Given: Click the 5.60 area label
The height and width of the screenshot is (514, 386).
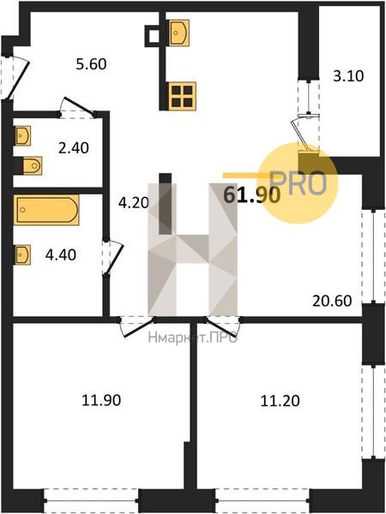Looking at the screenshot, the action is (x=91, y=64).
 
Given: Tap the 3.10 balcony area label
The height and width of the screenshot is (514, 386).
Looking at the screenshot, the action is (x=348, y=76).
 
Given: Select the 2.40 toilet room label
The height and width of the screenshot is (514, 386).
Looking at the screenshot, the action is (x=74, y=148).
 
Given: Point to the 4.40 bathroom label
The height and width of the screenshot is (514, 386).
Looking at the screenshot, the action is (x=61, y=254).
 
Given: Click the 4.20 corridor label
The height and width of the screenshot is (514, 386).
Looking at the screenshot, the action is (x=134, y=203).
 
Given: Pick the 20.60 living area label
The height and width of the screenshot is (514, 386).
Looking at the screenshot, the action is (x=332, y=301).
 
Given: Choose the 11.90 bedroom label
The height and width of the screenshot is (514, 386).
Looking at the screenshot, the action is (x=101, y=400).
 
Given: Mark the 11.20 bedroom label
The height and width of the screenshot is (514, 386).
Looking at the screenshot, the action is (x=280, y=401).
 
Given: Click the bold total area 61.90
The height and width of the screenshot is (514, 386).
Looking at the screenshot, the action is (x=251, y=195).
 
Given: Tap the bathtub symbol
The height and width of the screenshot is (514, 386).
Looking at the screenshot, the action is (x=46, y=210).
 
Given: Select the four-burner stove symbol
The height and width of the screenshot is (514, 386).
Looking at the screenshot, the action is (x=182, y=96).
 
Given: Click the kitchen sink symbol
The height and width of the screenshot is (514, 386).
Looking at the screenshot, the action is (x=179, y=33).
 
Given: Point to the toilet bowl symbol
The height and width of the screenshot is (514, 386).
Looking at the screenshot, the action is (x=33, y=165).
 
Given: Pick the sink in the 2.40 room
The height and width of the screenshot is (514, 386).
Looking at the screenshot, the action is (x=23, y=135).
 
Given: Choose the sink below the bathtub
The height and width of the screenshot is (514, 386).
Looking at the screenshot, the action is (x=23, y=254).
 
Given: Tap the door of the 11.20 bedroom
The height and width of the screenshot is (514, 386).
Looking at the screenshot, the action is (x=222, y=326).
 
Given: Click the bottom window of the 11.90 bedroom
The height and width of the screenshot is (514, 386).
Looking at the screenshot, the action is (x=91, y=500).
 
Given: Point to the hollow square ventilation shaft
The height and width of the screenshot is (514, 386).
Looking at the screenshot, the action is (x=153, y=36).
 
